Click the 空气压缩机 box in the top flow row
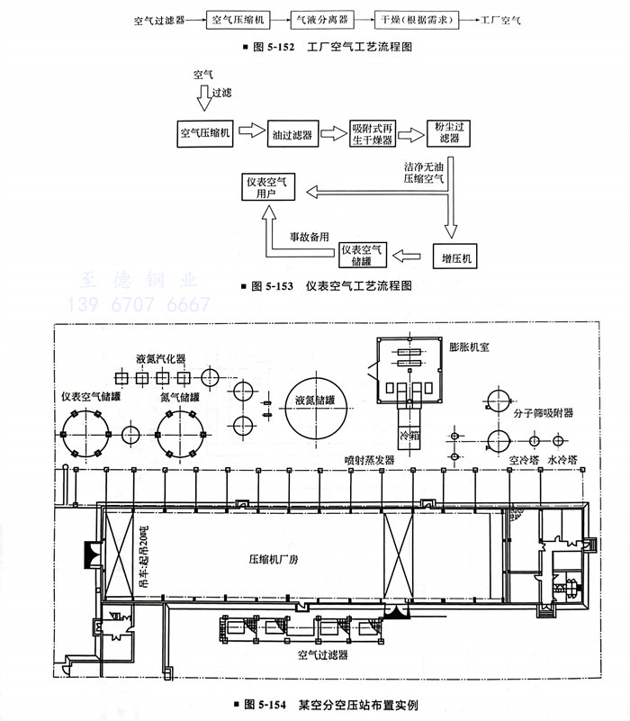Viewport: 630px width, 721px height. point(240,18)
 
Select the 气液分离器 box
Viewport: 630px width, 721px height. point(322,18)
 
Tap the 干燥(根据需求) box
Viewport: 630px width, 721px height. point(413,18)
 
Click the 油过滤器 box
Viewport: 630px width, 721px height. point(292,134)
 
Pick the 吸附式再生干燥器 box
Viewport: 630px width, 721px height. point(372,134)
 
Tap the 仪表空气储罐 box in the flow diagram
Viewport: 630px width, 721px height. point(363,255)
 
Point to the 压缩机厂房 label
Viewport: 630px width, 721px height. point(247,558)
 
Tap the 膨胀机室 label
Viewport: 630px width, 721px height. point(469,346)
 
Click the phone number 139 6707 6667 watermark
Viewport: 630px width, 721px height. point(139,306)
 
